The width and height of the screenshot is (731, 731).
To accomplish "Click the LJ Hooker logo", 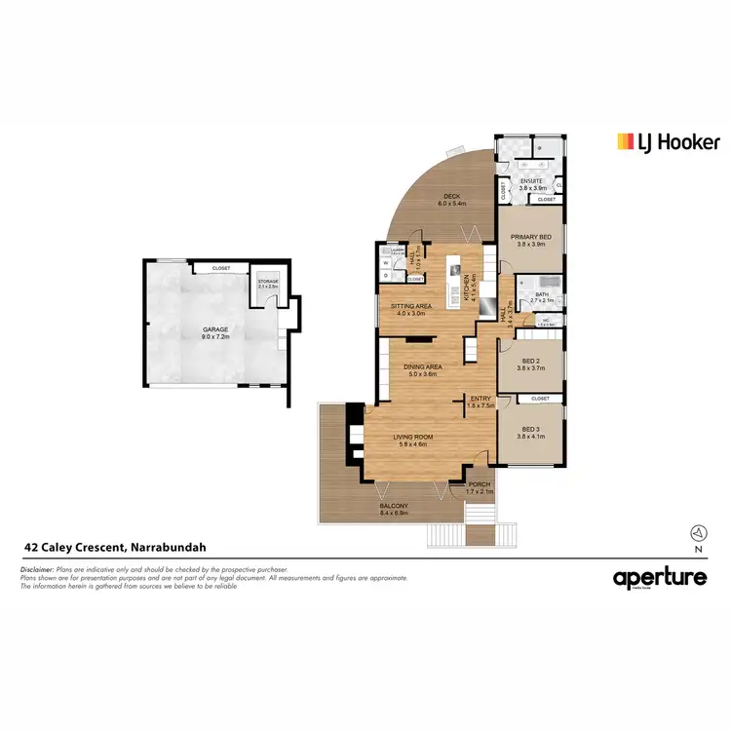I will pos(668,142).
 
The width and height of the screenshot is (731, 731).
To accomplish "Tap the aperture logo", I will pos(659,578).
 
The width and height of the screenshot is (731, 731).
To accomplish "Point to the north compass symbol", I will pos(697,532).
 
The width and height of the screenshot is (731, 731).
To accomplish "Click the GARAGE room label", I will pos(215,329).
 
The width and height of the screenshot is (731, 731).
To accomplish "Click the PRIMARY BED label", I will pos(531,238).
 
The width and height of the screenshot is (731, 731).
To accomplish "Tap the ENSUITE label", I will pos(531,180).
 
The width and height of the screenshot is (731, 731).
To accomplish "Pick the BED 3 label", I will pos(531,430).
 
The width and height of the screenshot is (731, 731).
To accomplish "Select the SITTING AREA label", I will pos(410,306).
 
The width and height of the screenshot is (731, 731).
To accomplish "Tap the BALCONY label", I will pos(394,505).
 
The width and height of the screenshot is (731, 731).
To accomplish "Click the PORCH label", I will pos(479,484).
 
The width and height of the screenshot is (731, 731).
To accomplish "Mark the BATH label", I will pos(542,294).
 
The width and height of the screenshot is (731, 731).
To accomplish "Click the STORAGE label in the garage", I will pos(267,282).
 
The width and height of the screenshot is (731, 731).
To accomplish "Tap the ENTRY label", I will pos(481,399).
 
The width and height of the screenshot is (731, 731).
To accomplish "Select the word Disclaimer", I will pos(37,568).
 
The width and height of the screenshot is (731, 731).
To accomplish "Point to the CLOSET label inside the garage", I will pos(218,267).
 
